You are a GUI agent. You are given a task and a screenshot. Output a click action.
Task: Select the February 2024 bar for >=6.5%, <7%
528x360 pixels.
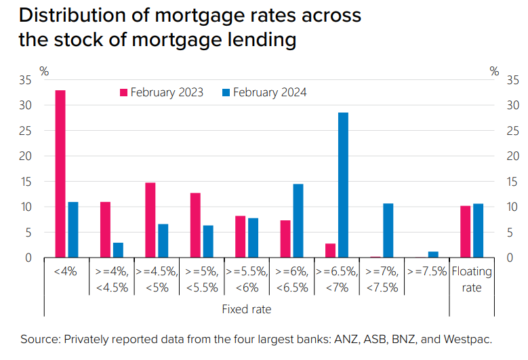(x=343, y=185)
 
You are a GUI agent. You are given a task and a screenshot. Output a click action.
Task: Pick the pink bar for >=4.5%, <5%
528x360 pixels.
(x=150, y=220)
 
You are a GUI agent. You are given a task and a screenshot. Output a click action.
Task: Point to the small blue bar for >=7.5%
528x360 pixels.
(x=433, y=255)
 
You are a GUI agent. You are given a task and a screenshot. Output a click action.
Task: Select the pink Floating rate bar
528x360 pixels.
(x=465, y=232)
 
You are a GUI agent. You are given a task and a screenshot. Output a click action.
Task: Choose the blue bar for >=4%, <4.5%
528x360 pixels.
(x=118, y=250)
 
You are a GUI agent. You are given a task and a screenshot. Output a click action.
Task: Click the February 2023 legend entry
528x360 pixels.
(x=161, y=93)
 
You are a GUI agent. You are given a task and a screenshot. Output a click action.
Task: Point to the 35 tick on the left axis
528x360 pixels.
(x=25, y=80)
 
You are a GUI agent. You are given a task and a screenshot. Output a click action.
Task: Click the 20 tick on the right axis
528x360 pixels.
(x=512, y=156)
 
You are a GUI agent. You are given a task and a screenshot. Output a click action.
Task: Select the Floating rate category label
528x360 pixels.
(x=472, y=279)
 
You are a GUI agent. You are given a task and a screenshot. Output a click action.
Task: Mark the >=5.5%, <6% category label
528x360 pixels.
(x=247, y=279)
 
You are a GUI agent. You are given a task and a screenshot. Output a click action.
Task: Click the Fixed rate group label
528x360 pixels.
(x=247, y=309)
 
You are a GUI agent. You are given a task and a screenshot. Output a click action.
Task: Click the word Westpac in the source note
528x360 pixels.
(x=468, y=339)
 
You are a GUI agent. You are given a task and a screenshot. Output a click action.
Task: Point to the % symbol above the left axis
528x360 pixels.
(x=44, y=71)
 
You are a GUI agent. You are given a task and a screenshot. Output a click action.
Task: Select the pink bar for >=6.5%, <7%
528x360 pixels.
(x=330, y=250)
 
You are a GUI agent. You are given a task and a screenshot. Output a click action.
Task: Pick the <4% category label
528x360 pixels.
(x=66, y=272)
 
